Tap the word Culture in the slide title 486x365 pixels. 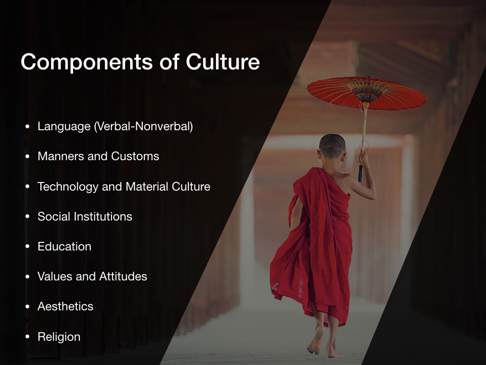pyautogui.click(x=223, y=61)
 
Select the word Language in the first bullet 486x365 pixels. pyautogui.click(x=64, y=127)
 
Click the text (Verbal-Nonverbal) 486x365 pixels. pyautogui.click(x=143, y=126)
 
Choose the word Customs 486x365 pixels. pyautogui.click(x=135, y=156)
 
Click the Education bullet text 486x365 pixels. pyautogui.click(x=65, y=247)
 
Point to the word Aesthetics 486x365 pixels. pyautogui.click(x=65, y=307)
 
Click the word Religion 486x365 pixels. pyautogui.click(x=59, y=337)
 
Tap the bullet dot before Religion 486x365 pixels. pyautogui.click(x=28, y=337)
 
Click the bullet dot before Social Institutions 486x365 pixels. pyautogui.click(x=28, y=216)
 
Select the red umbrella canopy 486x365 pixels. pyautogui.click(x=367, y=93)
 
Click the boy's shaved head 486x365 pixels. pyautogui.click(x=332, y=146)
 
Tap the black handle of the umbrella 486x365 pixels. pyautogui.click(x=360, y=173)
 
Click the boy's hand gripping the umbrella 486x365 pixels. pyautogui.click(x=364, y=158)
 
